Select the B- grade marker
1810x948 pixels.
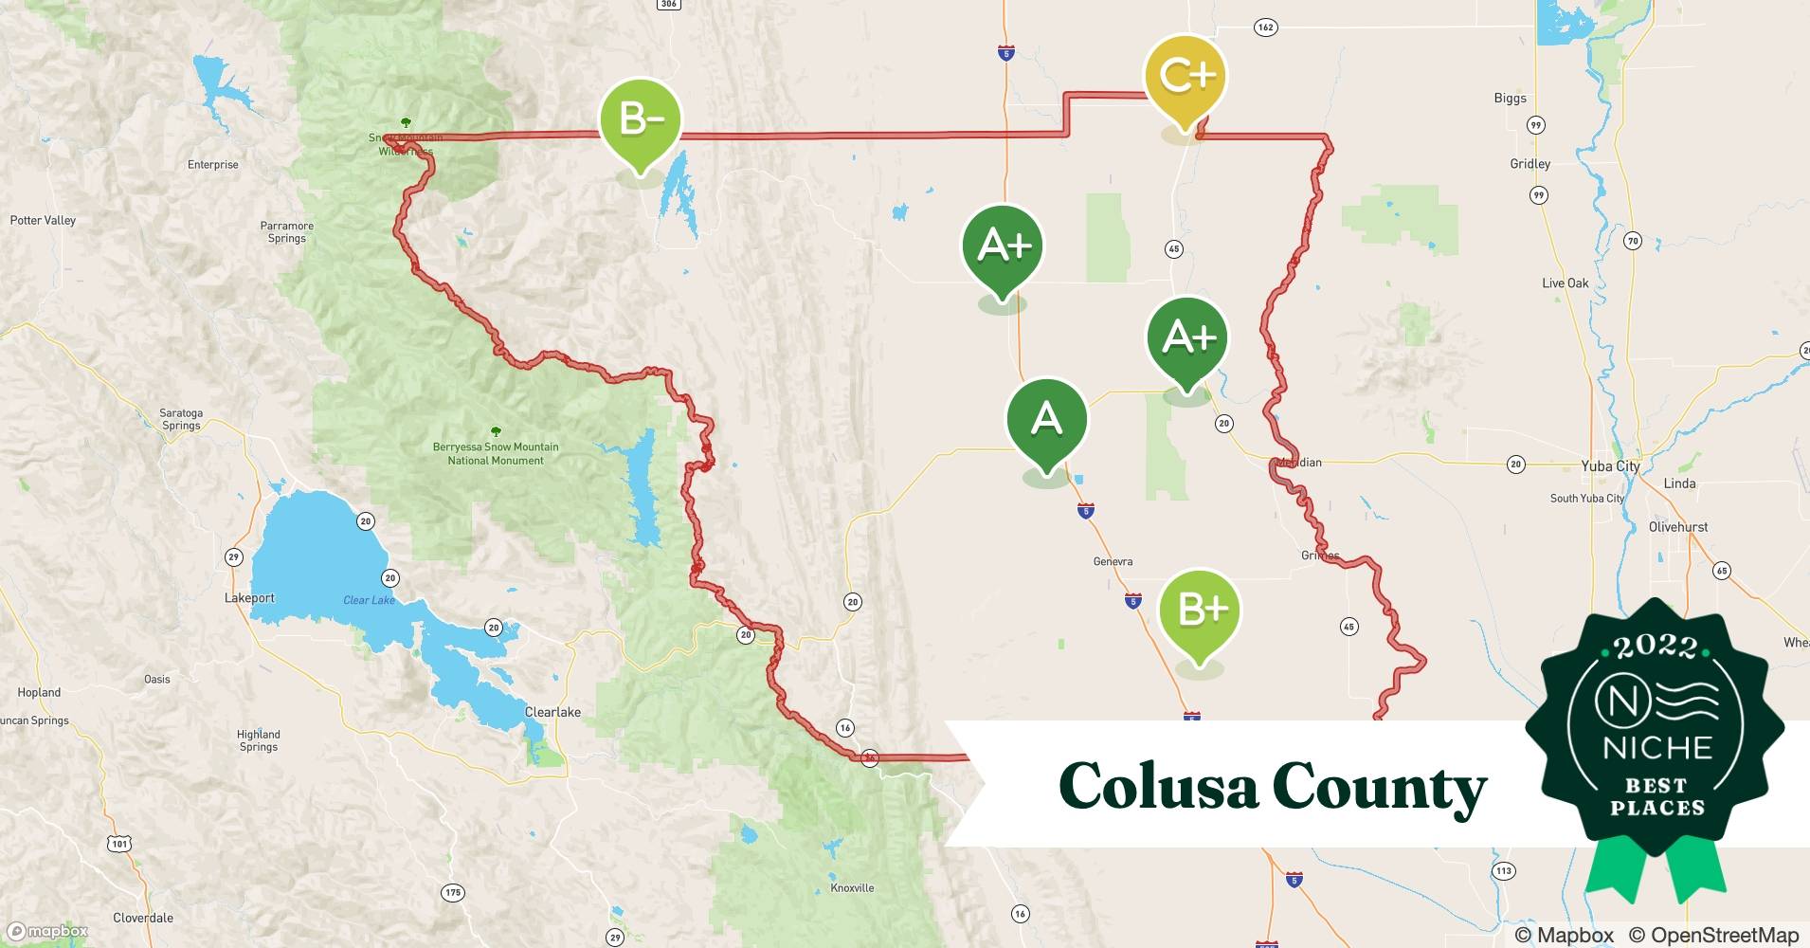point(641,120)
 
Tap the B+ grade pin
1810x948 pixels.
point(1200,611)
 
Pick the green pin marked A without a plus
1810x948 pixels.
point(1046,419)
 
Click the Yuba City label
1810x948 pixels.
point(1609,465)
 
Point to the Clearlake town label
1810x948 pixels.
point(552,712)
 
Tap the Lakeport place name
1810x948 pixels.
point(249,598)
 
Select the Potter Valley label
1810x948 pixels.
point(43,220)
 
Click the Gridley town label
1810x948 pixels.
point(1529,164)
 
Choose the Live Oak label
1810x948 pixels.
point(1565,283)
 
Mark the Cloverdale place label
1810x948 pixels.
point(143,918)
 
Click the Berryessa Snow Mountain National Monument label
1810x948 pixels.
point(496,453)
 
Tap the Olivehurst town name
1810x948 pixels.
point(1677,527)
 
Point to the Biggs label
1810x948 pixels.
point(1510,98)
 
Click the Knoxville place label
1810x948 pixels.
point(852,888)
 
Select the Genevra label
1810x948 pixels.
point(1113,561)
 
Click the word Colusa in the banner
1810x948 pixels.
point(1157,786)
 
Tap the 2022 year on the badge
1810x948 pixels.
point(1656,647)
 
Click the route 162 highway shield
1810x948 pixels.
point(1265,27)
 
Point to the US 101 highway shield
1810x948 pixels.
point(119,843)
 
